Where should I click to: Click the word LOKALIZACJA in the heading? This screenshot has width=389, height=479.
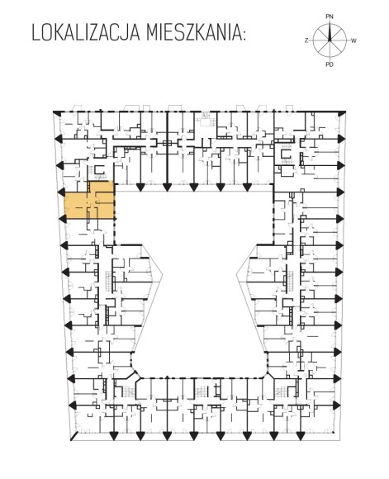click(x=86, y=33)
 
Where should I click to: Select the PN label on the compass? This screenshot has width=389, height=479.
click(x=330, y=17)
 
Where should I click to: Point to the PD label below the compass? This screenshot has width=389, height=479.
click(x=330, y=64)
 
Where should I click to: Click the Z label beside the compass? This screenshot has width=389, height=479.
click(x=306, y=40)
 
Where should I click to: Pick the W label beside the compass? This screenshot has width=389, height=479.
click(x=353, y=40)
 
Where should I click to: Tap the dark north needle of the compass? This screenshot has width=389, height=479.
click(x=330, y=31)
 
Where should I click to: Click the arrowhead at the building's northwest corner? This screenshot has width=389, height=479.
click(x=56, y=112)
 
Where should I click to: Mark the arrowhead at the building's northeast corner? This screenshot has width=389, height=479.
click(x=342, y=112)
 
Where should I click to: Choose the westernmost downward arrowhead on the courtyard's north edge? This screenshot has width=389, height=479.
click(x=140, y=187)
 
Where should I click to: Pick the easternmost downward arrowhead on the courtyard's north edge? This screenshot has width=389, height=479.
click(x=247, y=187)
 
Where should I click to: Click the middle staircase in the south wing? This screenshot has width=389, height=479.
click(x=201, y=391)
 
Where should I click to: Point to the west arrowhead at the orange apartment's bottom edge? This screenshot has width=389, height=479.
click(x=62, y=219)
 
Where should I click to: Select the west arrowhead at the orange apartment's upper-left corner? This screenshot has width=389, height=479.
click(x=62, y=192)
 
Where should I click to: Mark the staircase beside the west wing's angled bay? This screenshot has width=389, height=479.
click(x=108, y=280)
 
